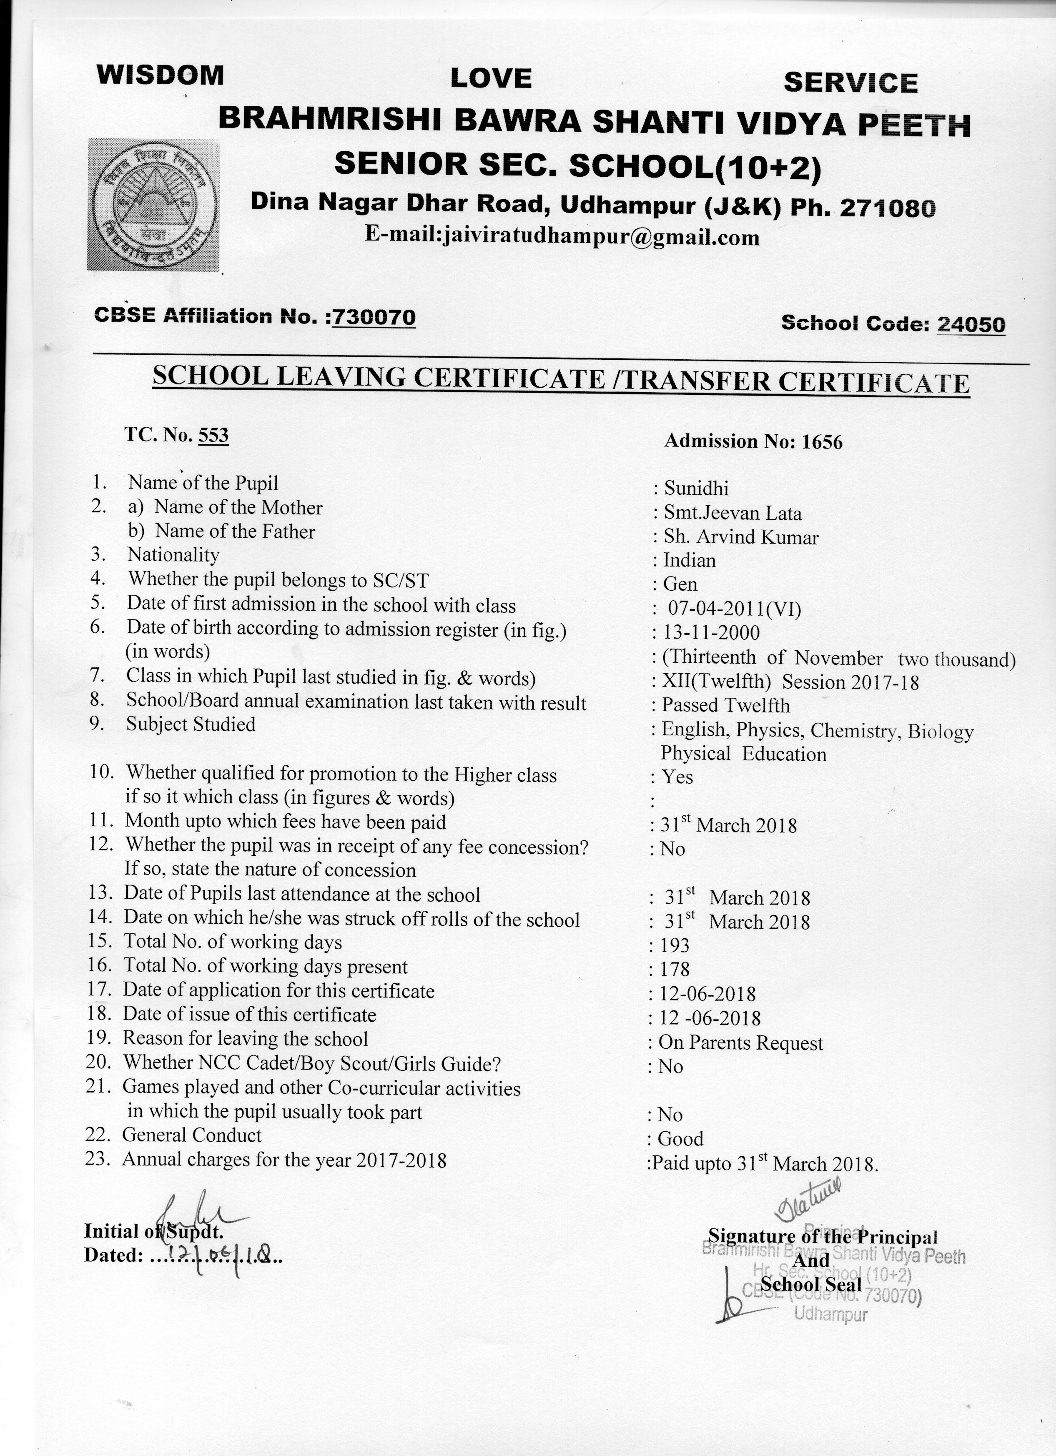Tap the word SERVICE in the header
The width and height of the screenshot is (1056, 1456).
click(x=850, y=83)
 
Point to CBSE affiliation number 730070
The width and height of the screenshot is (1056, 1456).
click(x=374, y=317)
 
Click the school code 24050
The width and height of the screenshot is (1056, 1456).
click(x=971, y=324)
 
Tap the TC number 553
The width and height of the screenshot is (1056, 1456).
click(x=213, y=435)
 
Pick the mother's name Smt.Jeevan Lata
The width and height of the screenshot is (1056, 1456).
click(x=732, y=514)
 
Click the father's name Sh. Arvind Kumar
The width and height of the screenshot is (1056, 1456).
click(x=741, y=537)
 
